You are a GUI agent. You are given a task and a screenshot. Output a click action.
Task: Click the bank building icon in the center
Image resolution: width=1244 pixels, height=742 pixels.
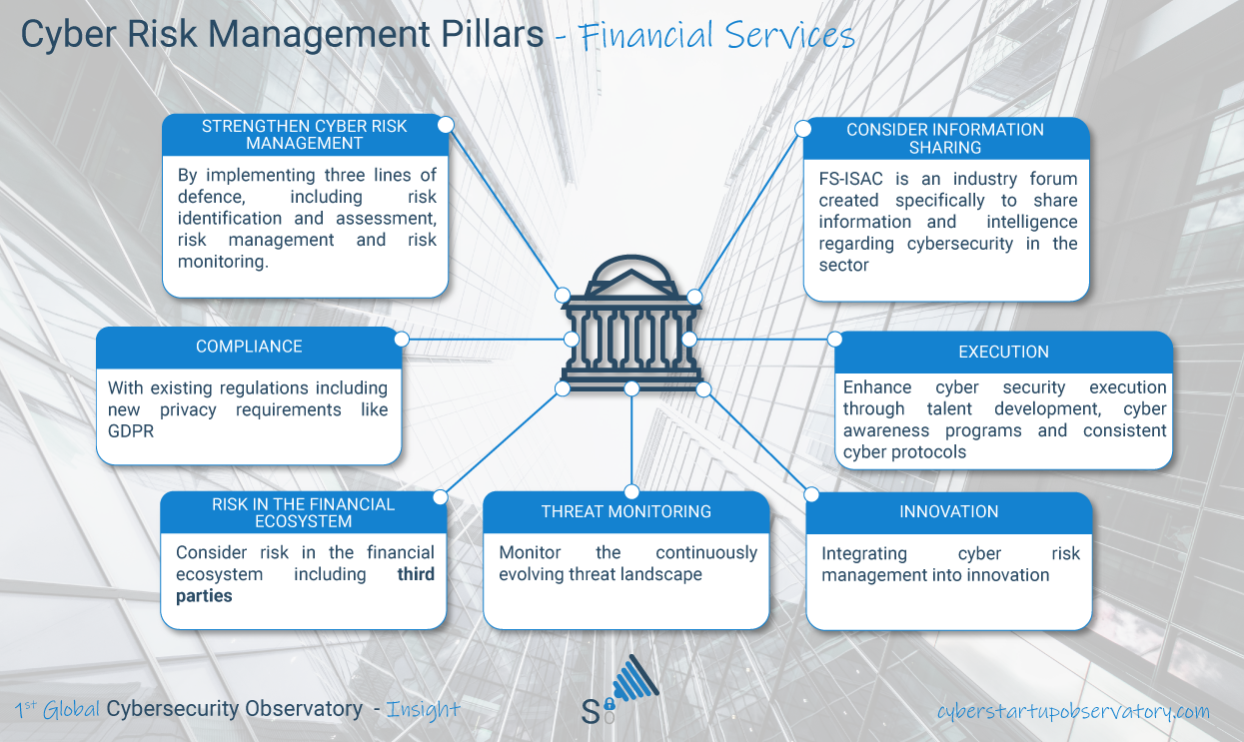point(630,325)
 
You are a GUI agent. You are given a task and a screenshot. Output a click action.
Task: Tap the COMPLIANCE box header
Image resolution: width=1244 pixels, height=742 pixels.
point(249,347)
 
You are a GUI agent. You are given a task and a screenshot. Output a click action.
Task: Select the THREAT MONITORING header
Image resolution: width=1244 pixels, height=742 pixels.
point(626,511)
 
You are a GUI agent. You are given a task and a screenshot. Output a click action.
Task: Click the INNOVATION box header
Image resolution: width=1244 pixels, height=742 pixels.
point(948,511)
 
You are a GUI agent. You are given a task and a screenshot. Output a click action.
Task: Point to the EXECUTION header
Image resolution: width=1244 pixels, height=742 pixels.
point(1003,352)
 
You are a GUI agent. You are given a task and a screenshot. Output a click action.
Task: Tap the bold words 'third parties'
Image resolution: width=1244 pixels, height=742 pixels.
point(305,585)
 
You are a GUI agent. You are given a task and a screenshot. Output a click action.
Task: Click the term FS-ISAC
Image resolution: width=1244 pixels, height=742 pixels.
point(856,180)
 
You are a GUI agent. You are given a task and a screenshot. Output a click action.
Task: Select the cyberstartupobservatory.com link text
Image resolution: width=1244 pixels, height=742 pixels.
point(1073,711)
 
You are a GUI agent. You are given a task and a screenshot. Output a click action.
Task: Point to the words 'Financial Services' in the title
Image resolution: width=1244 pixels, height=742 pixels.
point(715,36)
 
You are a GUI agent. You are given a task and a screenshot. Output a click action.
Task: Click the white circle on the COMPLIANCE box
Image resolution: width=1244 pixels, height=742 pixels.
point(402,340)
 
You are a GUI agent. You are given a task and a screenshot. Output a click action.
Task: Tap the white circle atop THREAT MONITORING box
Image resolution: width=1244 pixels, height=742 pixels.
point(631,491)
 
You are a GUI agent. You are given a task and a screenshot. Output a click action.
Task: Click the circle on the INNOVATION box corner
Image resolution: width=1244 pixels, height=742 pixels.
point(811,494)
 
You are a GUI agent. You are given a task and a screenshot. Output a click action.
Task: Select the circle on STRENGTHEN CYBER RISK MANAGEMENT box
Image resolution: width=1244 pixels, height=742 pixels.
point(446,125)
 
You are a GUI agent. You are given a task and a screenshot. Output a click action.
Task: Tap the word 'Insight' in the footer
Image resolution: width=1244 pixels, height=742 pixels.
point(423,710)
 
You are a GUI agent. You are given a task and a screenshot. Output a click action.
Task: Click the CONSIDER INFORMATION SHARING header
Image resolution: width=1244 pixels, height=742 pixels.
point(944,138)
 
